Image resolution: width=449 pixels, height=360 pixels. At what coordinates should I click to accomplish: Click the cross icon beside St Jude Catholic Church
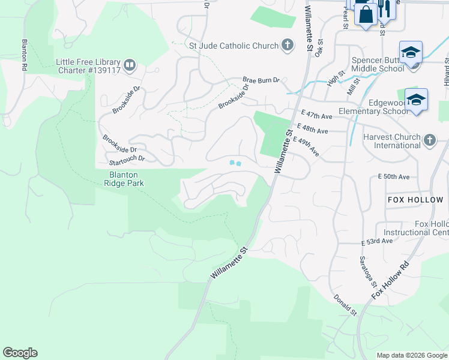tap(288, 46)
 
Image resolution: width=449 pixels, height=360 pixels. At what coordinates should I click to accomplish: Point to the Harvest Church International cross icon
tap(429, 140)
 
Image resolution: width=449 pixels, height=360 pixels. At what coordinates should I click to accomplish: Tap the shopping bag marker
tap(366, 14)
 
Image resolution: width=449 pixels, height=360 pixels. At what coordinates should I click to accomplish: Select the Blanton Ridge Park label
tap(126, 179)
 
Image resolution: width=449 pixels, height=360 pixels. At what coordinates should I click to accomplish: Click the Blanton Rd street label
tap(25, 56)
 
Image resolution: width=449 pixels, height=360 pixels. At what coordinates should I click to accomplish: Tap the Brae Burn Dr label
tap(261, 80)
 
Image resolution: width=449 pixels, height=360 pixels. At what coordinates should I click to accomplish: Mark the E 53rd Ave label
tap(376, 241)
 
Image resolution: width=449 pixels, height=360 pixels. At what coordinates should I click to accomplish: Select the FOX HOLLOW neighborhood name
tap(415, 200)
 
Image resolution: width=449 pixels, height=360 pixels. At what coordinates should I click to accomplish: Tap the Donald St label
tap(345, 305)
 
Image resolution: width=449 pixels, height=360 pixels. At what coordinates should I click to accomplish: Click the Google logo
tap(20, 353)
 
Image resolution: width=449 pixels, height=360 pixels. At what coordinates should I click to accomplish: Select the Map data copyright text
tap(411, 355)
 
